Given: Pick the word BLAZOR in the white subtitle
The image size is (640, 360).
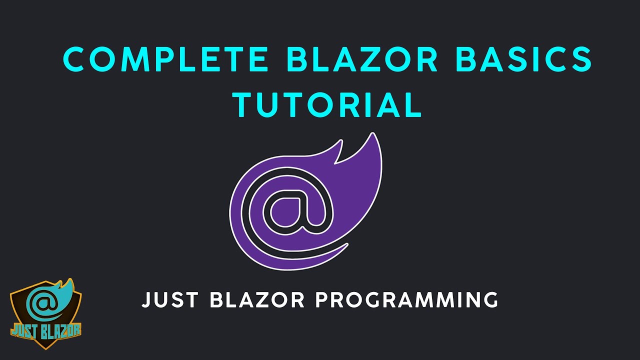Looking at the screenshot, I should point(258,300).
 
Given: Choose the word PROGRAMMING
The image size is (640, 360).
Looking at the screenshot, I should point(407,300).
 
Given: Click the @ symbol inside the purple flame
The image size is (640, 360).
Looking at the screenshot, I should point(292,207).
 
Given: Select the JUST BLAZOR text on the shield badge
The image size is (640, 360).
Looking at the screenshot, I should point(45,329).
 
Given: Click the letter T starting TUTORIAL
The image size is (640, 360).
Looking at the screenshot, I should point(245,105).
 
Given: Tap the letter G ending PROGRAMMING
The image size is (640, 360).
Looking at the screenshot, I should point(489,300).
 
